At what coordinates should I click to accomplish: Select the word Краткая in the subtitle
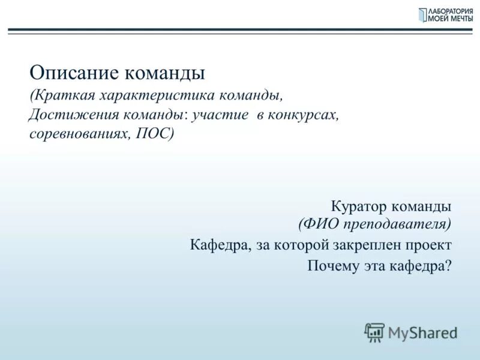coord(64,96)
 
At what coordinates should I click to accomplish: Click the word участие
coord(220,115)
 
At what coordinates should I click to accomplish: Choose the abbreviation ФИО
coord(320,224)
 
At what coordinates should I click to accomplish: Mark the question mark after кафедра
coord(448,265)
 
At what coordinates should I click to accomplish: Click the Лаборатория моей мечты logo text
coord(449,15)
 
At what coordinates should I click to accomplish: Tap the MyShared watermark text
coord(422,332)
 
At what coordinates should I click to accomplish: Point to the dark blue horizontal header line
coord(240,29)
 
